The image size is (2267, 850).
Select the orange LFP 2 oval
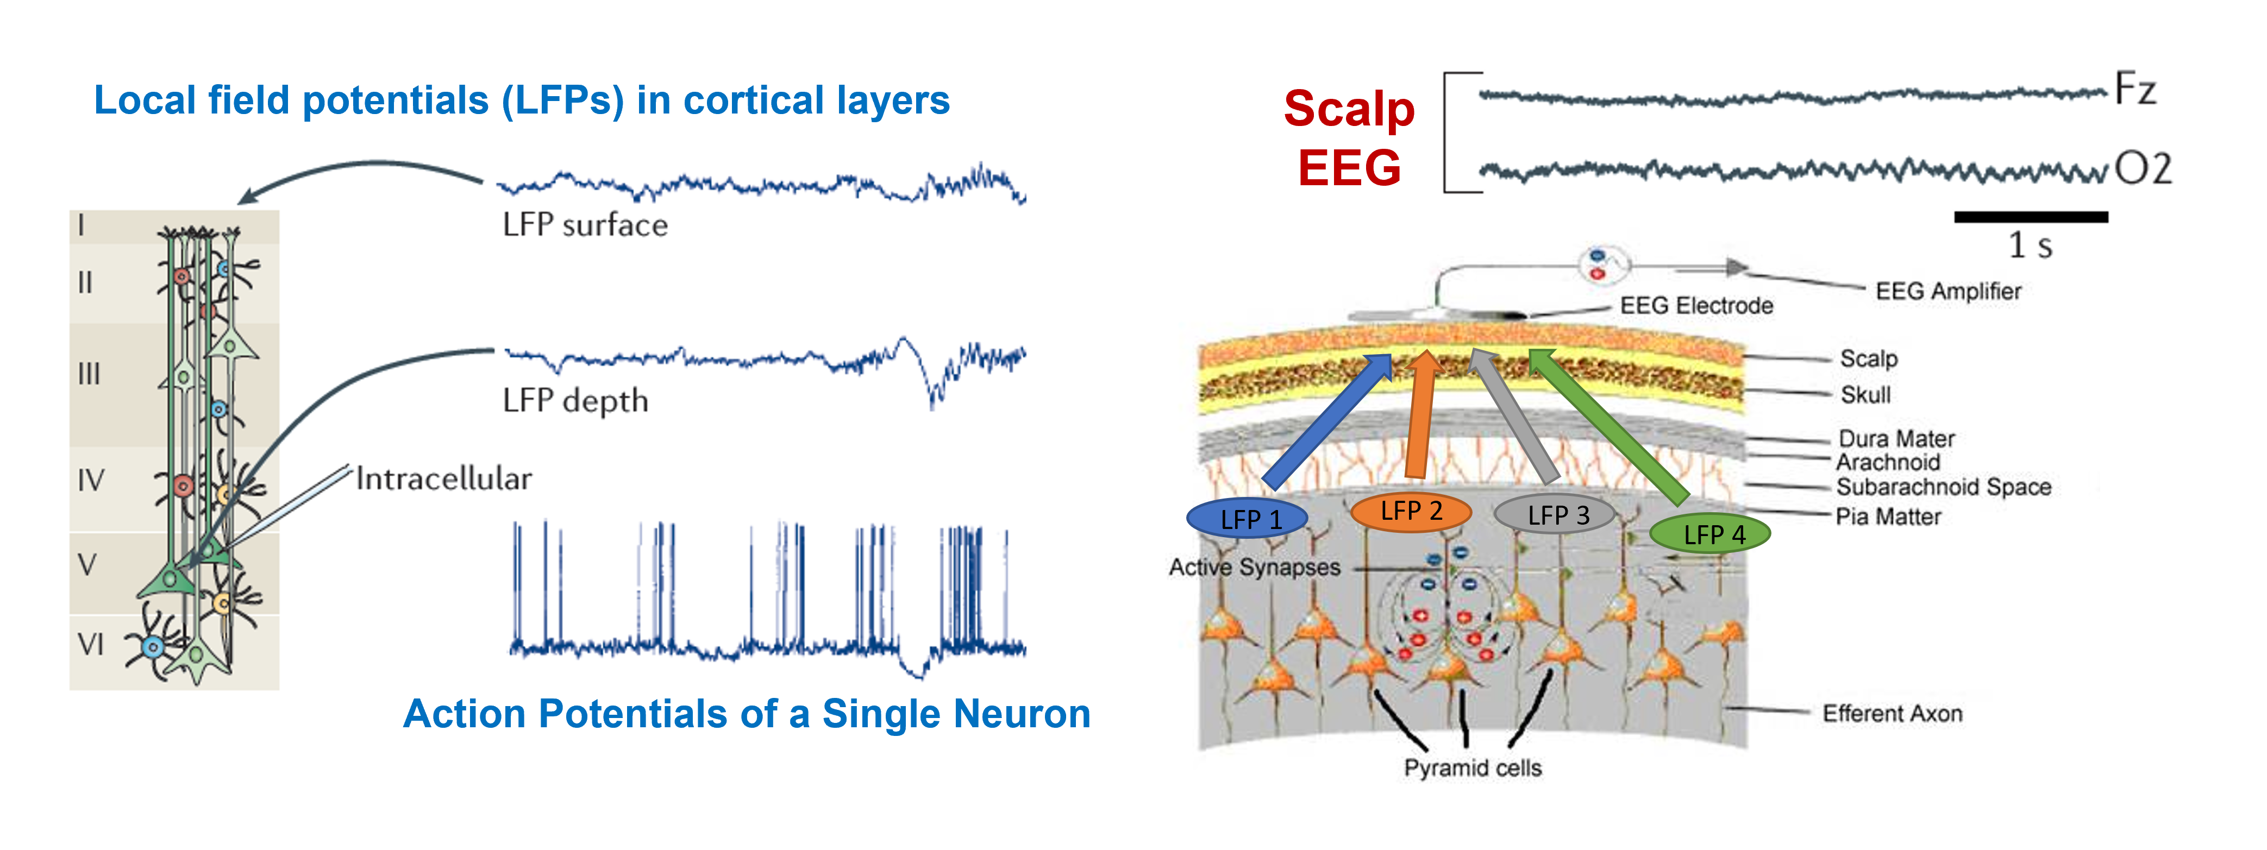click(1411, 511)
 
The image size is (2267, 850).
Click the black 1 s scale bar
click(2031, 217)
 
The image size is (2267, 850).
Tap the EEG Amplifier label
click(1947, 291)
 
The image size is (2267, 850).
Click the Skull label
click(1865, 394)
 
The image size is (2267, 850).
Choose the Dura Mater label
click(1896, 438)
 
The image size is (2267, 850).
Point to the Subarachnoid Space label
click(1943, 487)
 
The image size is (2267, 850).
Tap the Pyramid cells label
click(1473, 767)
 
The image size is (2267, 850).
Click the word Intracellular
click(443, 478)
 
